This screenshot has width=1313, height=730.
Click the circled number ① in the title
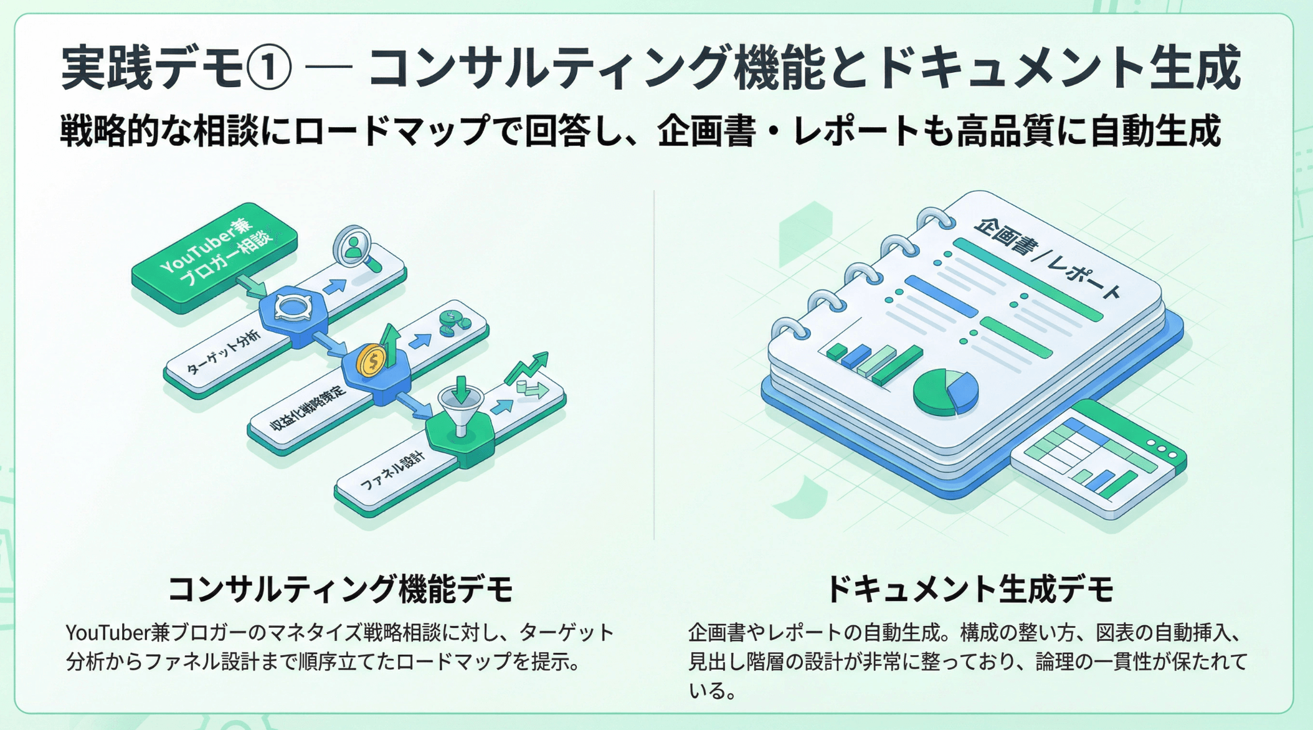[x=268, y=67]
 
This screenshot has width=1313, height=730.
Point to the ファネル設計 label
[x=393, y=472]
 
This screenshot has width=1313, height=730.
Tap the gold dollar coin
[x=372, y=361]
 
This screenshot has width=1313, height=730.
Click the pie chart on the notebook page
[x=946, y=391]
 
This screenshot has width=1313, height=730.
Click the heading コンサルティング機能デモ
[x=340, y=589]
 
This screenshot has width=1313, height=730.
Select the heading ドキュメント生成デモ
[x=969, y=589]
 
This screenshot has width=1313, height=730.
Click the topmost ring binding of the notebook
[x=935, y=219]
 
